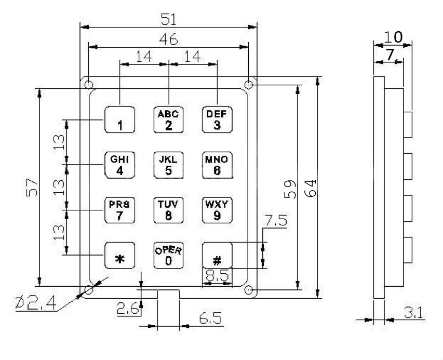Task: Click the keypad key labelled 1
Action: (x=120, y=119)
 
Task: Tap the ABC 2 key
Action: (x=168, y=119)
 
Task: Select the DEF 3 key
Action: (x=217, y=119)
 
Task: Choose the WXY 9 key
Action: (x=217, y=210)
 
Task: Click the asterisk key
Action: (x=120, y=256)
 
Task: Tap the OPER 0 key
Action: (x=168, y=256)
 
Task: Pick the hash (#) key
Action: (x=217, y=256)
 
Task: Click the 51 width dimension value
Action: (x=168, y=19)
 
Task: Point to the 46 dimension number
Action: (x=168, y=39)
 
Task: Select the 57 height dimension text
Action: (x=32, y=188)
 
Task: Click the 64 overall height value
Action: (x=310, y=188)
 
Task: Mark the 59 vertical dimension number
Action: (x=290, y=189)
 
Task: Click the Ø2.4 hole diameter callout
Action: (x=36, y=303)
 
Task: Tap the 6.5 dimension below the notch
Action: (x=210, y=318)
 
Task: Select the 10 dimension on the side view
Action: (x=393, y=37)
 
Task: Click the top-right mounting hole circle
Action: (x=248, y=85)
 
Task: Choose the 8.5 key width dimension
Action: (x=217, y=276)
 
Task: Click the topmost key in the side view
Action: (x=408, y=125)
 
